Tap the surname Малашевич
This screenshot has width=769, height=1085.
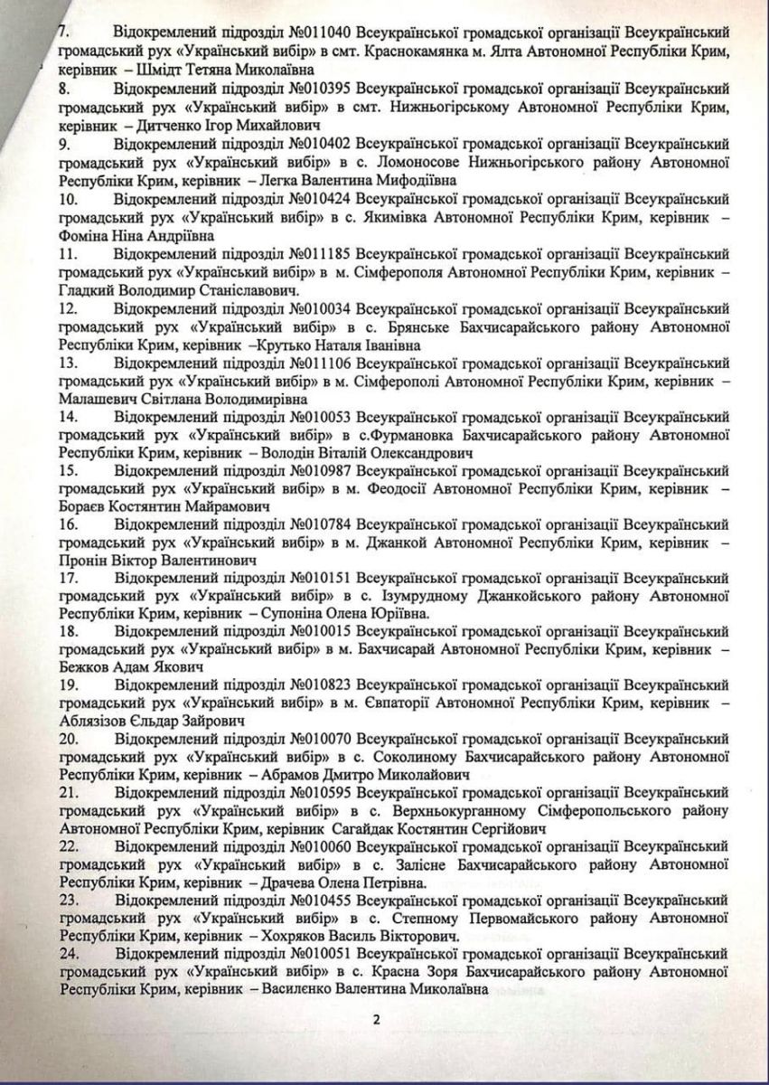pyautogui.click(x=98, y=399)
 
